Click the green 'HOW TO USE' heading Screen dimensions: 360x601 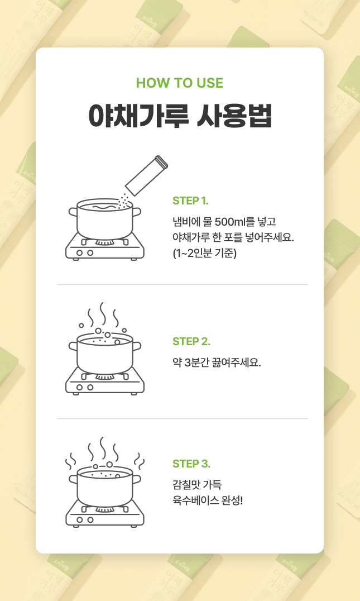[180, 83]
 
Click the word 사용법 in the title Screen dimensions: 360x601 [234, 115]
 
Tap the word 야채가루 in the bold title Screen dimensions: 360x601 [138, 115]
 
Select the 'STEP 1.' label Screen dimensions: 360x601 [190, 201]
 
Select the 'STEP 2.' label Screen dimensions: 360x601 [191, 341]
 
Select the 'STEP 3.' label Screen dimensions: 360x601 [191, 464]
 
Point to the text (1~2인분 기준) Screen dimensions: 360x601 [204, 254]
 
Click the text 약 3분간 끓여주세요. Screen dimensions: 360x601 [217, 362]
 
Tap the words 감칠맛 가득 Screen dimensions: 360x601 [197, 484]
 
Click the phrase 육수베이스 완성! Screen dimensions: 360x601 [208, 500]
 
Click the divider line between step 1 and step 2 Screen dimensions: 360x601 [183, 285]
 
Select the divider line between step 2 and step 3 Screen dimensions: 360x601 [183, 418]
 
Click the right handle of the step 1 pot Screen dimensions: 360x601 [137, 212]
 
